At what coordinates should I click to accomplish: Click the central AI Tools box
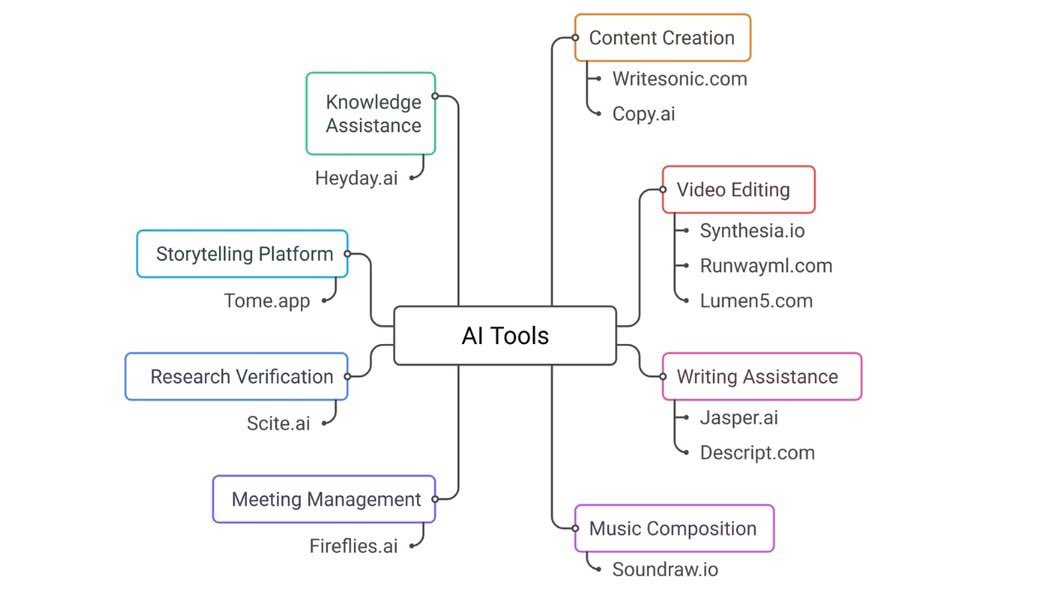(x=505, y=336)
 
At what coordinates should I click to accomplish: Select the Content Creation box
(x=662, y=38)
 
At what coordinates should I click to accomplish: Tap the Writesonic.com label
(x=679, y=79)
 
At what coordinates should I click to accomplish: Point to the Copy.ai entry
(x=643, y=114)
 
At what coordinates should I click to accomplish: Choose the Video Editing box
(x=738, y=190)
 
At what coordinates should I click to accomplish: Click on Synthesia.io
(x=752, y=231)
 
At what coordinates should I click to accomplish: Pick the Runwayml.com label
(x=765, y=266)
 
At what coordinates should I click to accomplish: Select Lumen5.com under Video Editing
(x=755, y=301)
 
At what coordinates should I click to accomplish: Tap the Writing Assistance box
(x=761, y=377)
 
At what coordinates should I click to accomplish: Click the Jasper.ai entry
(x=738, y=418)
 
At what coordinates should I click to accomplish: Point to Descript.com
(x=756, y=453)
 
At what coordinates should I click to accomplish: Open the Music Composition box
(x=674, y=529)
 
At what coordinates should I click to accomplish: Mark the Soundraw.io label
(x=665, y=570)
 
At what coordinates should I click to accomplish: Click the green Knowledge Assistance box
(x=371, y=114)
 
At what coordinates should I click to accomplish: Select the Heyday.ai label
(x=356, y=179)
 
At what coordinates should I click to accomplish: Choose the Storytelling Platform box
(x=243, y=254)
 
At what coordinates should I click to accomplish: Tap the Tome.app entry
(x=267, y=301)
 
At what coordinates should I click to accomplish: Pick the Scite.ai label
(x=278, y=424)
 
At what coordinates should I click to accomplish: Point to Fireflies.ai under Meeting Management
(x=353, y=547)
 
